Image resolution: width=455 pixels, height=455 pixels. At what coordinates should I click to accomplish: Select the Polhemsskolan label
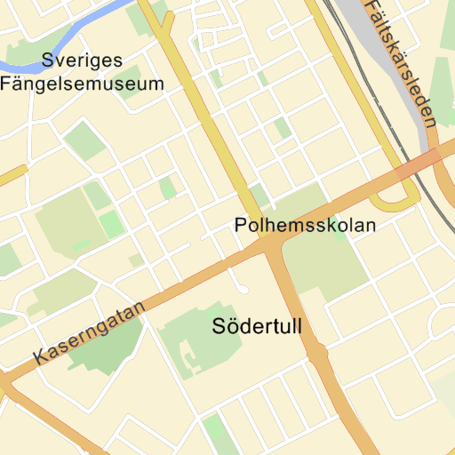[305, 226]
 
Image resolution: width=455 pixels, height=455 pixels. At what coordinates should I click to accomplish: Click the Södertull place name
[258, 326]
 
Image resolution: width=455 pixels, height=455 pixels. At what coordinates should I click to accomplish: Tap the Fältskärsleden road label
[401, 62]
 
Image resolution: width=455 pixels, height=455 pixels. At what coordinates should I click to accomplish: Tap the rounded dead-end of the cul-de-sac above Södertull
[243, 290]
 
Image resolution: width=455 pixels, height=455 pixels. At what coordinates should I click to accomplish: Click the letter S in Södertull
[220, 327]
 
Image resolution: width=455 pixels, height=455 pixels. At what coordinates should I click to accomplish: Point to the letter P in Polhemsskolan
[240, 226]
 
